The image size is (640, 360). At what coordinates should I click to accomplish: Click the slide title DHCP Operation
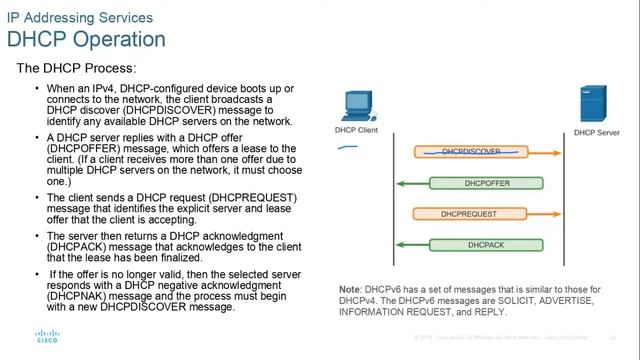[x=86, y=39]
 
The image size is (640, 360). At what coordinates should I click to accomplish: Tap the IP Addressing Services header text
[x=80, y=17]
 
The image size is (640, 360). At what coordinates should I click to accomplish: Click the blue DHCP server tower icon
[x=592, y=105]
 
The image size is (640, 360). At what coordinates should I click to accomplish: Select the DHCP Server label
[x=598, y=131]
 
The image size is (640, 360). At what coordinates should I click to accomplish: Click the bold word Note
[x=352, y=289]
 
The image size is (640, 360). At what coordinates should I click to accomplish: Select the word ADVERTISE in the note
[x=580, y=300]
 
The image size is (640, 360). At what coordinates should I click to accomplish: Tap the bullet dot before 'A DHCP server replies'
[x=37, y=136]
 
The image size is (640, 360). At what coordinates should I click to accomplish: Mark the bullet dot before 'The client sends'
[x=37, y=199]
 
